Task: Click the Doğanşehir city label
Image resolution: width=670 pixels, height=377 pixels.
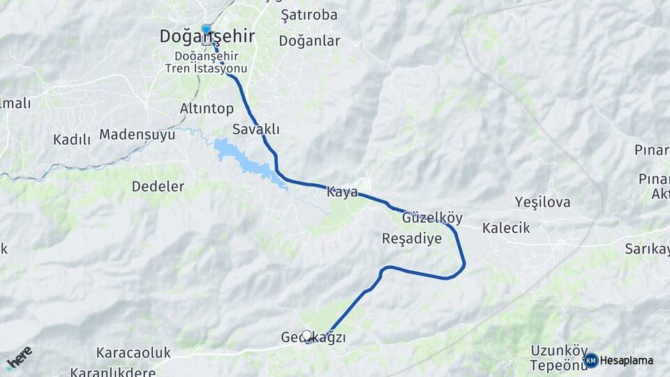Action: point(207,37)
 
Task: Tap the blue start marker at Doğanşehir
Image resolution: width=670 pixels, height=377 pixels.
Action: point(206,29)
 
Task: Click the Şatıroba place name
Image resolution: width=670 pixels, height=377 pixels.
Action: point(308,15)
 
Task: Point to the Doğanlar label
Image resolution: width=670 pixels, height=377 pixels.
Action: point(309,41)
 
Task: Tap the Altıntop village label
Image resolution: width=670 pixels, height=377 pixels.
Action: point(207,109)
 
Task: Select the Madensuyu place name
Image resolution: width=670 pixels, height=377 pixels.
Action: point(137,135)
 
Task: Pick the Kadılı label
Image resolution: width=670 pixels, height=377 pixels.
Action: point(72,140)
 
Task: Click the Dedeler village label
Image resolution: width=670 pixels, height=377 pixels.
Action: point(158,186)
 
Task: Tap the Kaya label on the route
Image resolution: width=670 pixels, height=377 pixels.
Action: point(342,192)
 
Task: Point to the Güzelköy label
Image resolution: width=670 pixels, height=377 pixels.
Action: point(432,218)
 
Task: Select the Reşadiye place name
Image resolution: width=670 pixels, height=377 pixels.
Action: point(412,239)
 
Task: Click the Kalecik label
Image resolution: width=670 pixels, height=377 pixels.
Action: point(506,228)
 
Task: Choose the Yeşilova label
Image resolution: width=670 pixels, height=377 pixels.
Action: point(542,202)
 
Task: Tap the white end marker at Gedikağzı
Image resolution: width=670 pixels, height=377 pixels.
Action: point(306,336)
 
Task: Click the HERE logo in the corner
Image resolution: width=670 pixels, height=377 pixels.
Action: point(19,358)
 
